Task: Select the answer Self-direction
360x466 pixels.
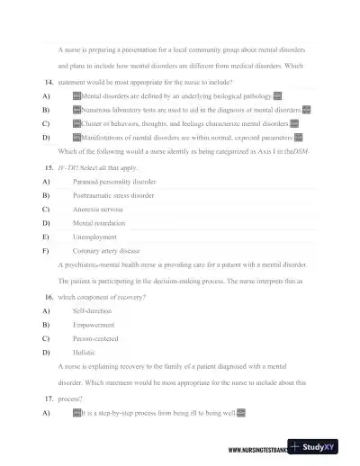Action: point(93,309)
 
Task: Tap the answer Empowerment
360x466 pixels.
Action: point(94,324)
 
